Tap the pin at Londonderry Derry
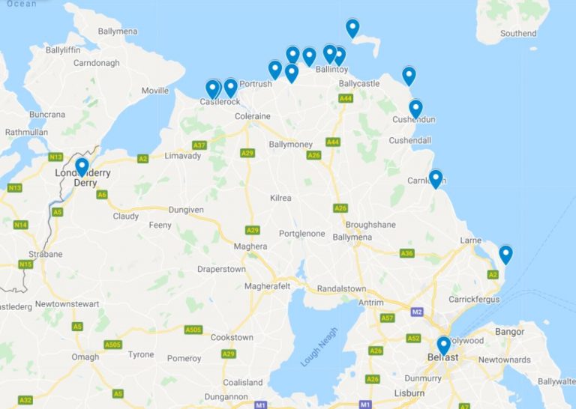click(x=82, y=167)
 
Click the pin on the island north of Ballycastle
click(x=352, y=28)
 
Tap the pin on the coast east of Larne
click(x=505, y=255)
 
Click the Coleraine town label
click(x=252, y=117)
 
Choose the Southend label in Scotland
click(x=518, y=33)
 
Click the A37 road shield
click(x=199, y=145)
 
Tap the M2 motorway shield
click(x=417, y=311)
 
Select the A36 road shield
click(x=407, y=253)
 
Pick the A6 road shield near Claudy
click(x=102, y=195)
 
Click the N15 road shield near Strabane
click(x=25, y=264)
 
